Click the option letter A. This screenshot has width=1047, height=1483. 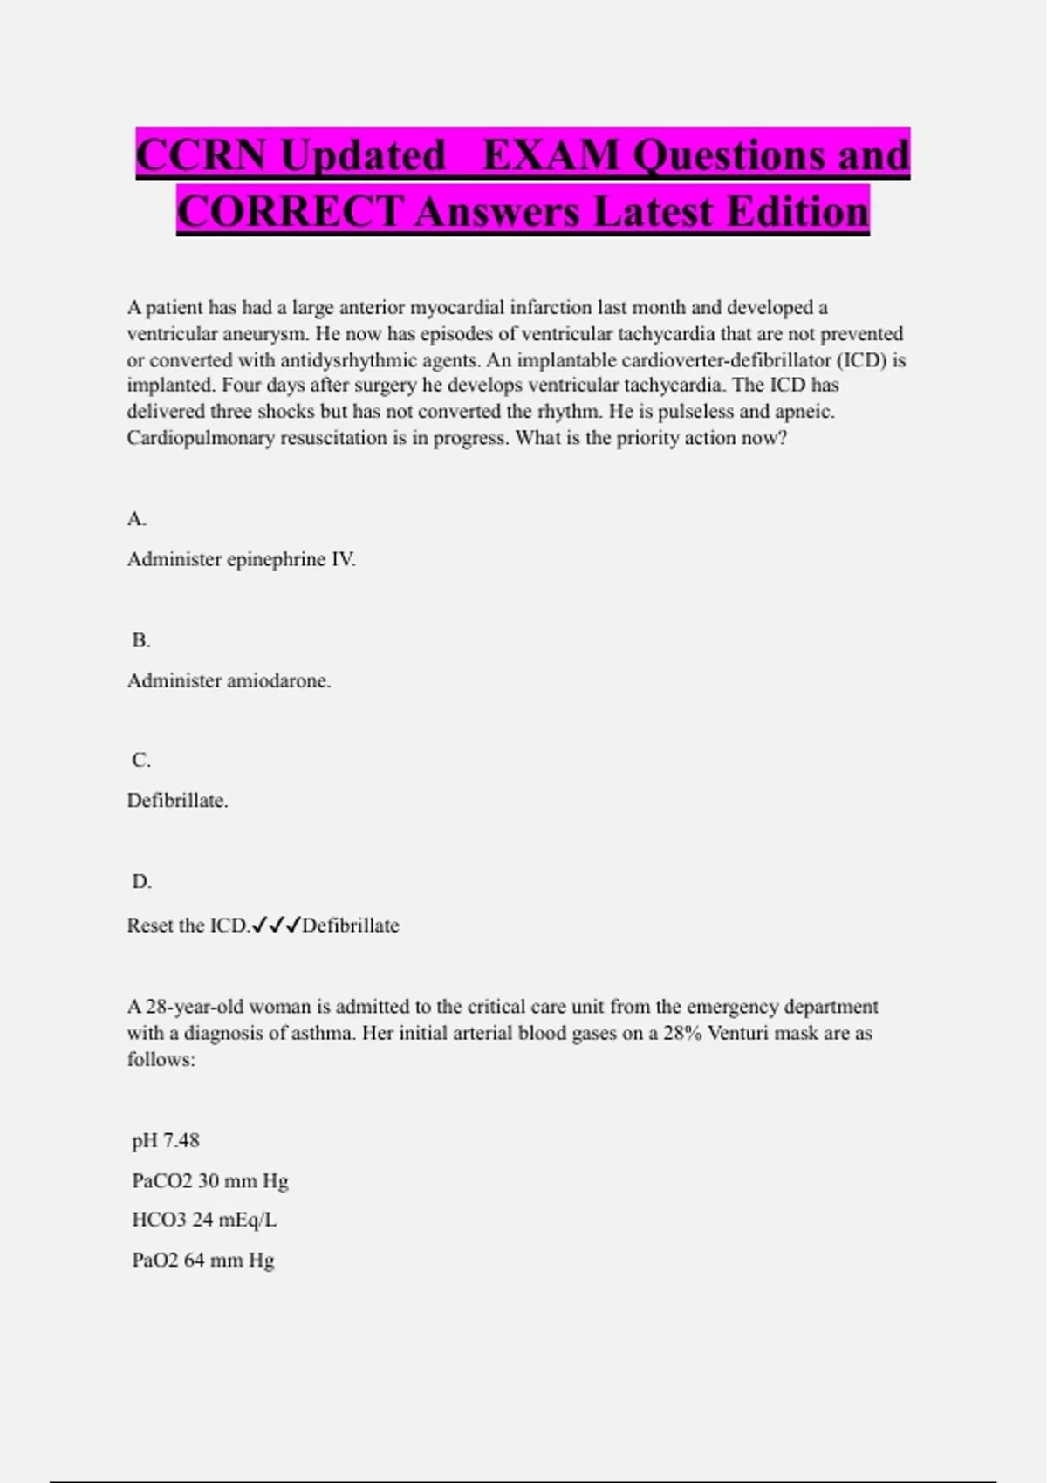pos(136,519)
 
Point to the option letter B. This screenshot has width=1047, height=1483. pos(141,640)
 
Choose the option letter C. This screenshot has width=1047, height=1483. pos(141,760)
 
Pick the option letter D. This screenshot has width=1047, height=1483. pos(141,881)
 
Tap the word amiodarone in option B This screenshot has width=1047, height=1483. pos(278,680)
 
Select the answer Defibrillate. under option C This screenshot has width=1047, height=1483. pos(177,800)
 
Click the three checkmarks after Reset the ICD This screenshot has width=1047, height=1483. pos(276,926)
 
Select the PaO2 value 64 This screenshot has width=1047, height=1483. pos(194,1260)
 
